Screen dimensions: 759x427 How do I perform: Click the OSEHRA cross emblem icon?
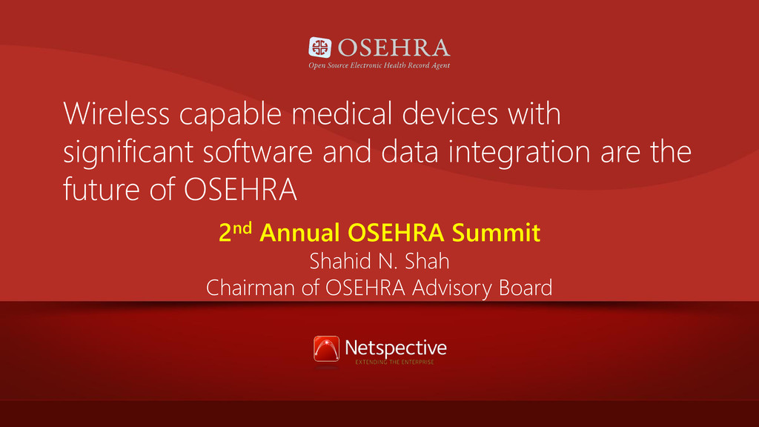coord(320,47)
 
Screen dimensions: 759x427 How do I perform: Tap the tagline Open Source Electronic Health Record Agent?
coord(379,65)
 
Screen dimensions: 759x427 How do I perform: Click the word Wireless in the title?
coord(116,113)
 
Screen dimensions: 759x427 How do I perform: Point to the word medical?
coord(342,113)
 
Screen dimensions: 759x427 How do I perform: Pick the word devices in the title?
coord(450,113)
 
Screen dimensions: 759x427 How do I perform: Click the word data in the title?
coord(409,151)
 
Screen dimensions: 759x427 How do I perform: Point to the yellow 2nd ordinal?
coord(235,232)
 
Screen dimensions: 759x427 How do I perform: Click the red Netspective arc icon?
coord(326,349)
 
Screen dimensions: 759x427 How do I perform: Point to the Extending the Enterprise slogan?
coord(394,362)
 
